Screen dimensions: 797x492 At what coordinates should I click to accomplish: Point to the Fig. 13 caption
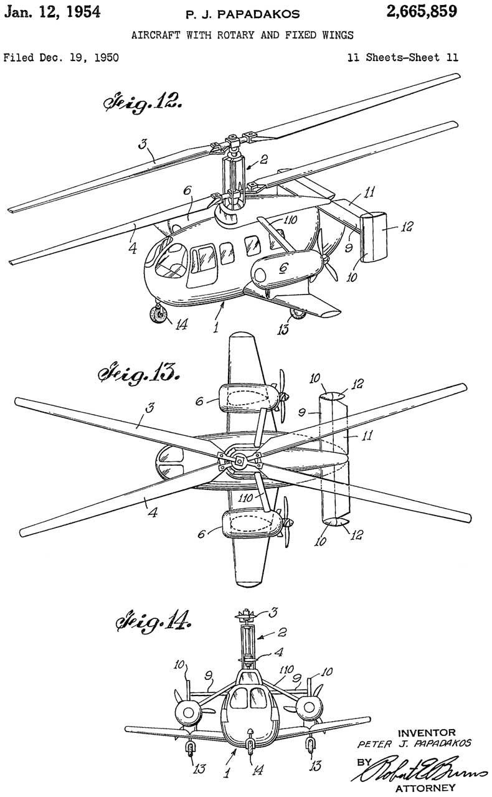(x=136, y=375)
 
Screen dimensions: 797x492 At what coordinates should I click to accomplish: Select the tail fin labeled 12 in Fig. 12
(x=374, y=237)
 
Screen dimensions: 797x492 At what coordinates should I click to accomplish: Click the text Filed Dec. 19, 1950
(x=60, y=59)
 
